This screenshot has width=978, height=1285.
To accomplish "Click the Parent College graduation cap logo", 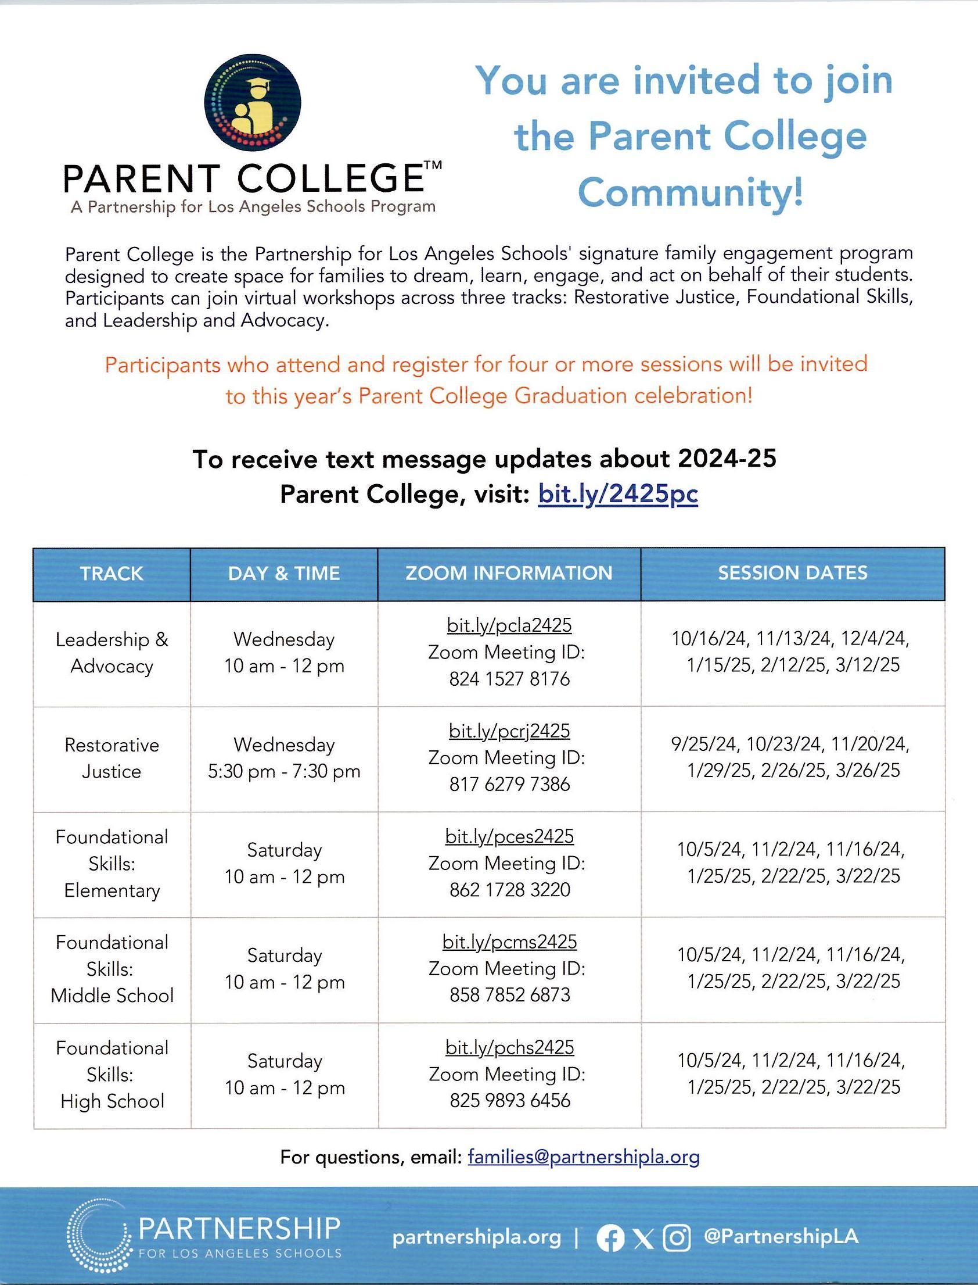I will click(x=252, y=102).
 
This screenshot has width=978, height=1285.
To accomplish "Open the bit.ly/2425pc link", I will click(x=618, y=495).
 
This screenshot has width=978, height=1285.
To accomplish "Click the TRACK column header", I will click(x=111, y=574).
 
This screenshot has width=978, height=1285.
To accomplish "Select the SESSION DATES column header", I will click(x=792, y=573).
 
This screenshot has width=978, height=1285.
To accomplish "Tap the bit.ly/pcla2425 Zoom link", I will click(x=509, y=625).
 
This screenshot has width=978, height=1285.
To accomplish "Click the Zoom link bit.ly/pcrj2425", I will click(x=509, y=731).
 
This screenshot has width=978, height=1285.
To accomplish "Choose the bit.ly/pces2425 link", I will click(x=509, y=836).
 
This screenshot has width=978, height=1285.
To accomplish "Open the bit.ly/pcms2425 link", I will click(x=509, y=942).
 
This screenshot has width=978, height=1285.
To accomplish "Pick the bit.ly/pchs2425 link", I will click(x=509, y=1047).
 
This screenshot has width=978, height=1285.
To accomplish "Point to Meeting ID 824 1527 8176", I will click(x=509, y=679).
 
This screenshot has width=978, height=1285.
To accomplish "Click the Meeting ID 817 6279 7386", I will click(x=509, y=785).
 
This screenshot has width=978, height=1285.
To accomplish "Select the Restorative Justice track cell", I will click(x=112, y=758).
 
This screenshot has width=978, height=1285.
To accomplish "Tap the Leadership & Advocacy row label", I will click(x=112, y=653).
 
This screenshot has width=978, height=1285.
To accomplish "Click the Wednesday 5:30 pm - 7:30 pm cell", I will click(x=284, y=758).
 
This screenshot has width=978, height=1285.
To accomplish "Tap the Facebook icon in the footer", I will click(x=610, y=1238).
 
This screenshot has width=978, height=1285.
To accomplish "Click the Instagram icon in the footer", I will click(x=677, y=1238).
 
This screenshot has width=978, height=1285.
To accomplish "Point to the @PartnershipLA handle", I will click(x=781, y=1237).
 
